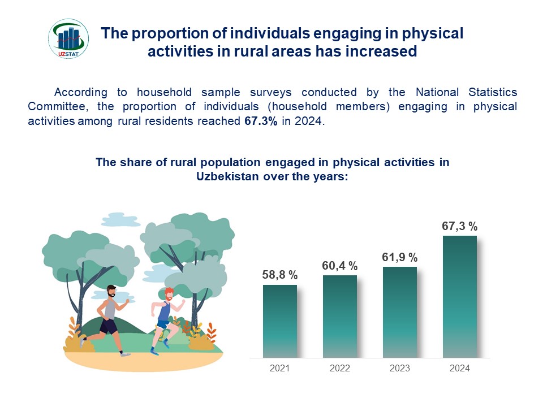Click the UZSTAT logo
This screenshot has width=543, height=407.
click(x=68, y=39)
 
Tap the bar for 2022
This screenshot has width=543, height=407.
click(x=340, y=316)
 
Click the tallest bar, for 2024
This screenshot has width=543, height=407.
click(x=460, y=296)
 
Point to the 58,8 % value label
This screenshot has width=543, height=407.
click(x=280, y=275)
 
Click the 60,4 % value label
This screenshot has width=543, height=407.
click(x=340, y=266)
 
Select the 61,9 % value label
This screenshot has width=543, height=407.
click(x=400, y=257)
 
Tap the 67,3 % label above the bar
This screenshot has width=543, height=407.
click(x=460, y=226)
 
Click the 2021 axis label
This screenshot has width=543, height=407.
click(x=280, y=368)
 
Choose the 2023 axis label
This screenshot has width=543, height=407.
click(x=400, y=368)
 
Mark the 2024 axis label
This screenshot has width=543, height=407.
click(x=460, y=368)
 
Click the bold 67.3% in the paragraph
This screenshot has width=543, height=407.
click(x=261, y=121)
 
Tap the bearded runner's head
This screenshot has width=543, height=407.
click(x=111, y=292)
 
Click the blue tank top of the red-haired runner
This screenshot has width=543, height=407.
click(x=165, y=311)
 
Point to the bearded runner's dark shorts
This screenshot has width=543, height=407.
click(x=109, y=326)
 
